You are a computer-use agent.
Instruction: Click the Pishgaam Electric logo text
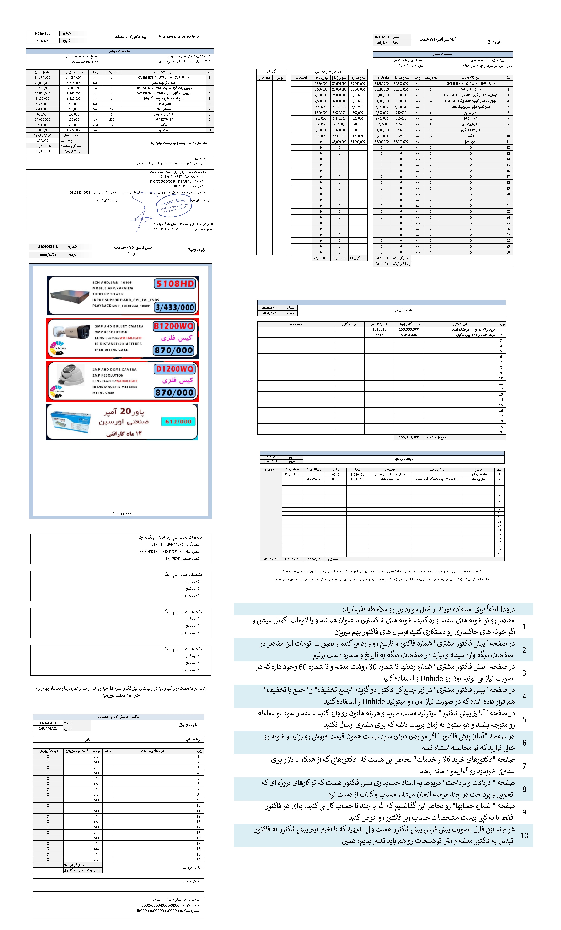click(x=179, y=37)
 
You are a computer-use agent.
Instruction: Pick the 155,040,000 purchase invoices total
click(x=409, y=437)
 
